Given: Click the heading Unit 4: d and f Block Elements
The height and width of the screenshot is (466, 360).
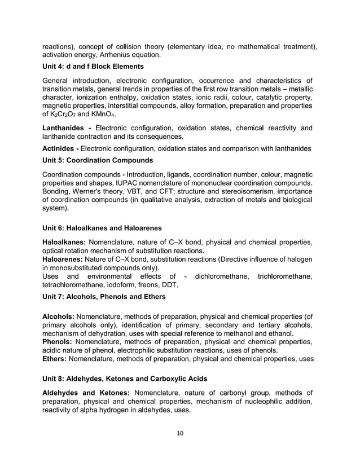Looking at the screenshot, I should [93, 67].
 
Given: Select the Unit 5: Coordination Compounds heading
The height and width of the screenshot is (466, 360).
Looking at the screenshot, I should [98, 160].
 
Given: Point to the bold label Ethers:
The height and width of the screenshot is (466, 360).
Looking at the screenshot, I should [57, 358].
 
